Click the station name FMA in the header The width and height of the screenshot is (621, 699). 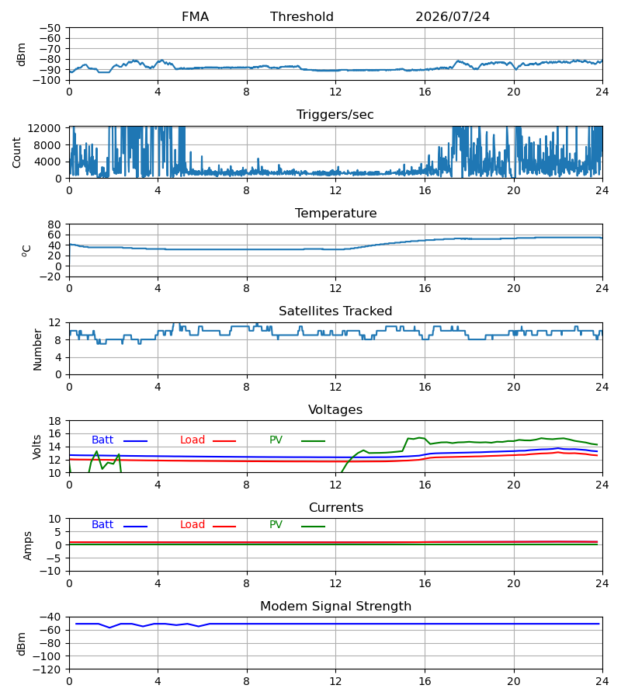click(195, 17)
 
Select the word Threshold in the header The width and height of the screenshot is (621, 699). click(302, 17)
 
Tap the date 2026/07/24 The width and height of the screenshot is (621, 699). click(453, 17)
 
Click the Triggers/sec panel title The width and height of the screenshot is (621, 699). click(335, 115)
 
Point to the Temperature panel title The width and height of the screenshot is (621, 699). click(335, 213)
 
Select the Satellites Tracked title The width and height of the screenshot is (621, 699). click(335, 311)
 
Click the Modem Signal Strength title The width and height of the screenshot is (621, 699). click(335, 607)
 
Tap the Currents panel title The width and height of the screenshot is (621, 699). click(336, 508)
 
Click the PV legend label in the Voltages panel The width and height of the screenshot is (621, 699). click(276, 440)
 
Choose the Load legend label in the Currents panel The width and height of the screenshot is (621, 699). click(193, 525)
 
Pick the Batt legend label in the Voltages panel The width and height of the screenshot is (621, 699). click(102, 440)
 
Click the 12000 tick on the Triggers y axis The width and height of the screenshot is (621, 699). click(44, 128)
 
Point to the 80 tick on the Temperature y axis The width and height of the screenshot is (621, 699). click(55, 224)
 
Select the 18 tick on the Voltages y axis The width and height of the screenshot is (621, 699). click(55, 421)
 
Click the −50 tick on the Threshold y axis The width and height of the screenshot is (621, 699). click(50, 28)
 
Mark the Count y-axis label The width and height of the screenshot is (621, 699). click(16, 152)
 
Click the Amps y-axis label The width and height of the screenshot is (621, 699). click(27, 546)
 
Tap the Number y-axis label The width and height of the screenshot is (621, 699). click(37, 349)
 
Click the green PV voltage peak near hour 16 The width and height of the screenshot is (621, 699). click(419, 437)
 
